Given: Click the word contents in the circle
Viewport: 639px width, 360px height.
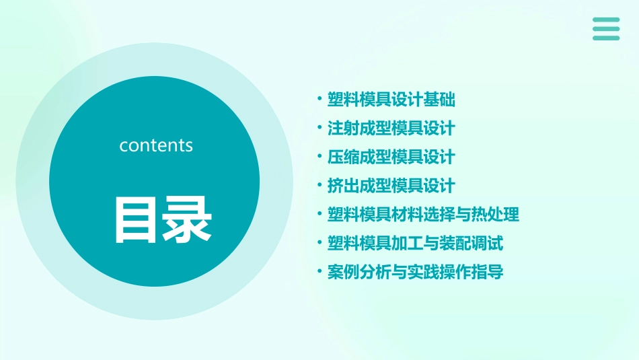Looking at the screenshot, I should click(x=156, y=145).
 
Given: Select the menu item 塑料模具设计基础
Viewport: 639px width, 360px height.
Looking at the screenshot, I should click(x=391, y=100).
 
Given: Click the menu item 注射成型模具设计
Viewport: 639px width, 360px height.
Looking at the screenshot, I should click(x=391, y=128).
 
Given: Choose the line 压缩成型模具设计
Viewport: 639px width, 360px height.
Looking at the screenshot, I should click(x=391, y=157).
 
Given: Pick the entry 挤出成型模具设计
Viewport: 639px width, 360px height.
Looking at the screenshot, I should click(x=391, y=186).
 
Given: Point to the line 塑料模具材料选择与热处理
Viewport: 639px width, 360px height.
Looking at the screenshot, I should click(x=423, y=215).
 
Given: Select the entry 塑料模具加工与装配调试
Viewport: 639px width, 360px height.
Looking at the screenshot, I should click(x=415, y=243).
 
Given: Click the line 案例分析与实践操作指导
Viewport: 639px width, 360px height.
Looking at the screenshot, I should click(x=415, y=272).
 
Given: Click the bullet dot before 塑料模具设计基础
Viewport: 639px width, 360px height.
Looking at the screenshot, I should click(x=319, y=100).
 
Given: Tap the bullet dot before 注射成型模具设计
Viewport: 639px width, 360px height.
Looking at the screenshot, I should click(x=319, y=128).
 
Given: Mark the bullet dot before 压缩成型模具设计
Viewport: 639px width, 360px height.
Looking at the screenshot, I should click(x=319, y=157).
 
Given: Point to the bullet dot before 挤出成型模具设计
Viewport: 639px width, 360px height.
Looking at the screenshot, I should click(x=319, y=186).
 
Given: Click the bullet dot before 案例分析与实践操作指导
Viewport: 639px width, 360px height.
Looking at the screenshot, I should click(x=319, y=272).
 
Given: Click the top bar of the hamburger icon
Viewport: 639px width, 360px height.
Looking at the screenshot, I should click(x=606, y=20).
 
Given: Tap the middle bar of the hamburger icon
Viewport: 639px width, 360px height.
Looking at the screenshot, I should click(x=606, y=29).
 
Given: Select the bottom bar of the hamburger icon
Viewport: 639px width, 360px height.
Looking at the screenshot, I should click(x=606, y=38).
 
